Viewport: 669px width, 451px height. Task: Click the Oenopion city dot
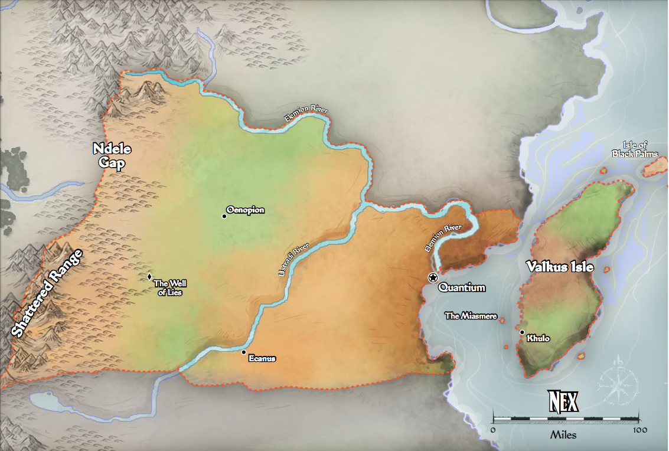click(x=224, y=217)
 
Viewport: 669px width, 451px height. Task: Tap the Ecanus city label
click(x=262, y=358)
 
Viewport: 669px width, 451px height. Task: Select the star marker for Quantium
click(x=433, y=277)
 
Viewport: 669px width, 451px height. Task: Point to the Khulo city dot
click(x=522, y=332)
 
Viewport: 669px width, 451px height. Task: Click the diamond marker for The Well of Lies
click(x=149, y=276)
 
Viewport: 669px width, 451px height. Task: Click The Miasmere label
click(x=471, y=316)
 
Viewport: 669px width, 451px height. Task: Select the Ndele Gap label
click(x=111, y=156)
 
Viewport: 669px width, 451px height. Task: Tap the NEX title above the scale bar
click(x=563, y=402)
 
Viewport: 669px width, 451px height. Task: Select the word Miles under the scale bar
click(x=563, y=436)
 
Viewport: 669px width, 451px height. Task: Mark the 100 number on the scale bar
click(x=639, y=430)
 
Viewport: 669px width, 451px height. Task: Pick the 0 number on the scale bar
click(x=493, y=430)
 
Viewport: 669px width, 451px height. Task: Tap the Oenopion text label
click(x=246, y=210)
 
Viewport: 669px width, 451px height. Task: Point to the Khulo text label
click(x=539, y=338)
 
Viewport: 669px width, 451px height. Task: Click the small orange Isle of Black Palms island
click(x=654, y=167)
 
